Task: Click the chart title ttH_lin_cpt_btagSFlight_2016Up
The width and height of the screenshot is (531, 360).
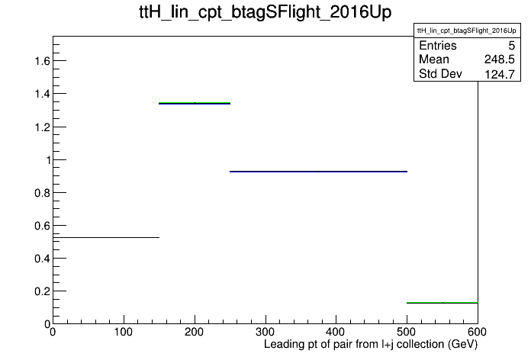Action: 265,12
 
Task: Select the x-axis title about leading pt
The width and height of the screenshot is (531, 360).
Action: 371,345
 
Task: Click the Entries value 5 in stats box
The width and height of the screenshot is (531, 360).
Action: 511,45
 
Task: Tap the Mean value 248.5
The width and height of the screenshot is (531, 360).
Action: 500,59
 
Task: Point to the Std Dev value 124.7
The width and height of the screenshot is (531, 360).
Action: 500,74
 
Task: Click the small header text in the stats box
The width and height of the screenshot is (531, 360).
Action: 467,31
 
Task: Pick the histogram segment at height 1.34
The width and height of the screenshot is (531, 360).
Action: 195,103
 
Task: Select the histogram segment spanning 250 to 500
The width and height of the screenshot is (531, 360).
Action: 318,172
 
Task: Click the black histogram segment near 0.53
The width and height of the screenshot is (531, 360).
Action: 106,237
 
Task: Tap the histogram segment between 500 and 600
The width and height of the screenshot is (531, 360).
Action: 443,303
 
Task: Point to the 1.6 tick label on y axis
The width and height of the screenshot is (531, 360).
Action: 42,61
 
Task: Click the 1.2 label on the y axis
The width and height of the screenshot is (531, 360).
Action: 42,127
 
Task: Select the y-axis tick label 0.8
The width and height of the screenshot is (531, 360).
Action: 42,193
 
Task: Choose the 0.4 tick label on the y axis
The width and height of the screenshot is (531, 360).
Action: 42,259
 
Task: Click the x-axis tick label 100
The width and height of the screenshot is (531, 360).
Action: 124,332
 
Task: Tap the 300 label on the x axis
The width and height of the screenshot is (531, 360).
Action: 265,332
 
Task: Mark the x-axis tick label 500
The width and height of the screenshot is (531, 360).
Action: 407,332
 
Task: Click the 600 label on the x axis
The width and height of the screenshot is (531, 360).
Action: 477,332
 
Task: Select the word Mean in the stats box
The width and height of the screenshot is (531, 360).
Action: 434,59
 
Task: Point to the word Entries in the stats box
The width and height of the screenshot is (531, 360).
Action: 438,45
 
